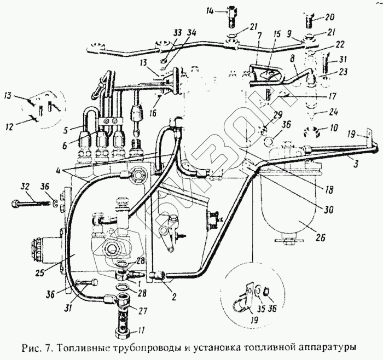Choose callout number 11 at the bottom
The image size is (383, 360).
[126, 330]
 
